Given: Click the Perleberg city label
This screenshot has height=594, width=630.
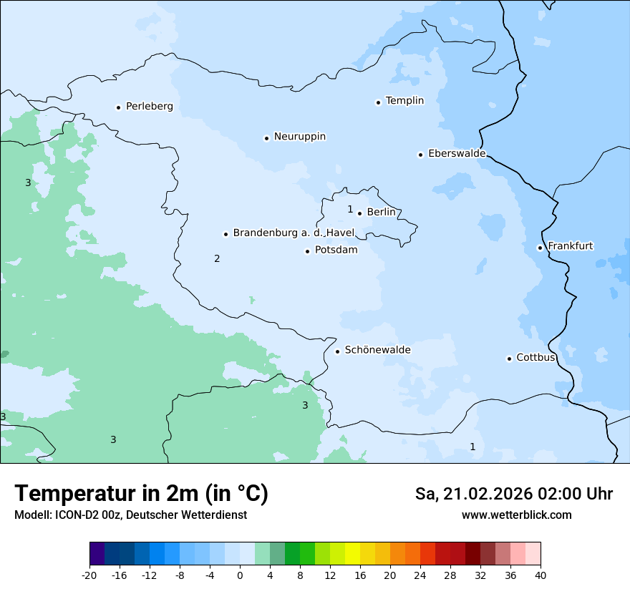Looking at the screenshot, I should [149, 107].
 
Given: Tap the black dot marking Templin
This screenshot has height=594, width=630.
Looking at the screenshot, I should [378, 102].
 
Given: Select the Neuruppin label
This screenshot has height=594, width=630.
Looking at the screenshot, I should [299, 137].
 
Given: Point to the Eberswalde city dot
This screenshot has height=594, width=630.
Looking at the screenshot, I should [420, 155].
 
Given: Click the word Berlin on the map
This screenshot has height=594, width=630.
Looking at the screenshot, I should [381, 212].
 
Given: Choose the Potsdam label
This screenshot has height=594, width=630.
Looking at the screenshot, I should [336, 250].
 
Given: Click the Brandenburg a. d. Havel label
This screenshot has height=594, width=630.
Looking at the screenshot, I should [294, 233].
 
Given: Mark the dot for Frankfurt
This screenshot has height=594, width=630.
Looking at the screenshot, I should [540, 248].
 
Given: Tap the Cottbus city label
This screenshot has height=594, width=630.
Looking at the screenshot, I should [535, 357].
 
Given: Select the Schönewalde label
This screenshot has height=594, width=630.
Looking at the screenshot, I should [377, 350].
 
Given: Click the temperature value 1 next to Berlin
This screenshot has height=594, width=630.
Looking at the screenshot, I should [350, 210].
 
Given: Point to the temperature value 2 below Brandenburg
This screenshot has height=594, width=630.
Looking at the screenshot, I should [217, 258].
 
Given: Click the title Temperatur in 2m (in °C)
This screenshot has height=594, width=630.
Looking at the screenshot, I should [141, 493].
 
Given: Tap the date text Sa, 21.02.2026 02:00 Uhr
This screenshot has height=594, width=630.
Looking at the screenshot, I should [513, 494].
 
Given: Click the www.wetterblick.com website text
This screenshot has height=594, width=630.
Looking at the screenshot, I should [516, 515].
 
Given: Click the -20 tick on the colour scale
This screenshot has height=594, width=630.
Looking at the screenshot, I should [89, 574].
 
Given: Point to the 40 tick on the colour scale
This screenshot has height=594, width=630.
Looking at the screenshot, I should [540, 574].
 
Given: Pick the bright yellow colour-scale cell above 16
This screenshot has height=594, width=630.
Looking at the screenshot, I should [352, 554].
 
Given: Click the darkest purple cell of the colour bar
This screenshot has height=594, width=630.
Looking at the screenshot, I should [97, 554].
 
